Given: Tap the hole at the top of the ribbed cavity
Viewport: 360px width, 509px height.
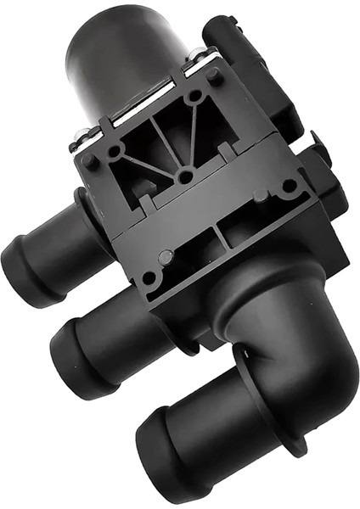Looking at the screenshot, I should pos(194,96).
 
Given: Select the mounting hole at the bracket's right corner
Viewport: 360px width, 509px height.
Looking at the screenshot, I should pos(290,185).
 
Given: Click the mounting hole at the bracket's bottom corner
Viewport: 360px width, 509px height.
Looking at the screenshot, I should pos(150,277).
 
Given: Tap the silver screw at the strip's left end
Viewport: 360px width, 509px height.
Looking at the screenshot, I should pos(82,135).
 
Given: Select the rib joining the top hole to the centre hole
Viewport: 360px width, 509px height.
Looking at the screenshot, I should pos(190,136).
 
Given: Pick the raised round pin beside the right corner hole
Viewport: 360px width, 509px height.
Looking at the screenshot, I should pos(262,195).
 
